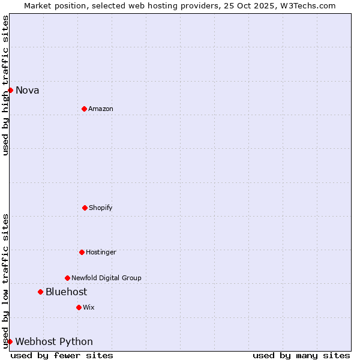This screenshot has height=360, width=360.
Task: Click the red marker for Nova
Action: tap(10, 90)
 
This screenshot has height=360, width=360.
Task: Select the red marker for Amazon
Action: tap(84, 109)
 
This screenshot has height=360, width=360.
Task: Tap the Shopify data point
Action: tap(85, 208)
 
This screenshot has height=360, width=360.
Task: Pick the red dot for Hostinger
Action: tap(82, 252)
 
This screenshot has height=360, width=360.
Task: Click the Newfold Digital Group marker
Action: tap(67, 278)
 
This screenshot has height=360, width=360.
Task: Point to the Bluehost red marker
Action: tap(40, 292)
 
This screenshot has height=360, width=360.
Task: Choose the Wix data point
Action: tap(79, 307)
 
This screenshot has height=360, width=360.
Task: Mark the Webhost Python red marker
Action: tap(10, 341)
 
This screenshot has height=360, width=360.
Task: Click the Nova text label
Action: tap(28, 91)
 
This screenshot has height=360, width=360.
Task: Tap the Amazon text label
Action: tap(101, 109)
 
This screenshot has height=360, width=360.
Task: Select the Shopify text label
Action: tap(101, 208)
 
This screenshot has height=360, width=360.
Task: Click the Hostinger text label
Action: tap(101, 253)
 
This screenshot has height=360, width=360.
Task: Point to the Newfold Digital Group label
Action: tap(106, 278)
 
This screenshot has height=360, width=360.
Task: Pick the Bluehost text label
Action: tap(66, 292)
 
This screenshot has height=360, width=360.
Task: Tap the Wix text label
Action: tap(89, 308)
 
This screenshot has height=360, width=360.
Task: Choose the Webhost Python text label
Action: tap(54, 342)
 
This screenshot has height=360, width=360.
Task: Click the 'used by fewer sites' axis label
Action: tap(62, 355)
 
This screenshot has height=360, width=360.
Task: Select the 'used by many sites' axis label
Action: tap(301, 355)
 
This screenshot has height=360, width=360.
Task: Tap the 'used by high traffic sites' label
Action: tap(5, 85)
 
